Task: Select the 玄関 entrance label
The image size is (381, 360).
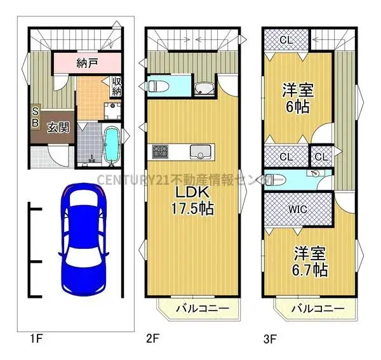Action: point(58,128)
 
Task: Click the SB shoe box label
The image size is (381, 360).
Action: point(36,116)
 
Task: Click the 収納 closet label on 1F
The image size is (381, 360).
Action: point(117,86)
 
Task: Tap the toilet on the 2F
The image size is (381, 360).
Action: point(157,86)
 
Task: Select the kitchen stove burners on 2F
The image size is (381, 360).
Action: point(159,152)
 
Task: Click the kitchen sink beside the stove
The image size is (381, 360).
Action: point(200,152)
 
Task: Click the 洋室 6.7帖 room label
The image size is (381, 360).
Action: point(309,262)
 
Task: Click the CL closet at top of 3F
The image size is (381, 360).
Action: point(285,39)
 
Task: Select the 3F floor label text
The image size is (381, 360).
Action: point(269,339)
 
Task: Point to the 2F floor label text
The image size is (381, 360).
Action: point(152,339)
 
